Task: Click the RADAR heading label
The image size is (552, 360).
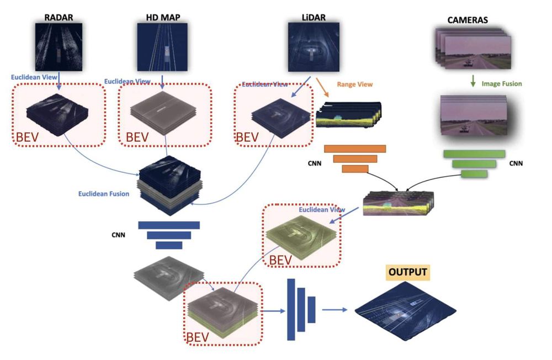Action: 59,17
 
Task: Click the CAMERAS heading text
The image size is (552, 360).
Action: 468,20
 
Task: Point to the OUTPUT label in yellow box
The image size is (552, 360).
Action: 408,272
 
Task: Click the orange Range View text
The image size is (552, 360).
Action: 354,84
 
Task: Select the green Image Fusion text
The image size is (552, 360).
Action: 502,84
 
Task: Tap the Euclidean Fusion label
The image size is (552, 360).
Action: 104,194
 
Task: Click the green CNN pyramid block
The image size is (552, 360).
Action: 474,163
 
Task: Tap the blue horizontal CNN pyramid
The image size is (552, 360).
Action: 168,235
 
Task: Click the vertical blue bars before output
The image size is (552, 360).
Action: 300,309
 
